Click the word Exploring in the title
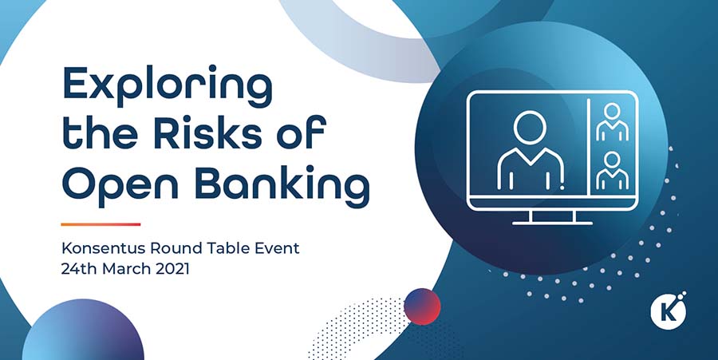click(168, 86)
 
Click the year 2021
click(172, 269)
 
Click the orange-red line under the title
click(101, 224)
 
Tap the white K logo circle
click(669, 311)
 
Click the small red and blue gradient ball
click(422, 307)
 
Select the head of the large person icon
click(531, 129)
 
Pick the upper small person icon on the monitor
click(612, 122)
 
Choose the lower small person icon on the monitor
click(612, 170)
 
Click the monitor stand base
click(552, 223)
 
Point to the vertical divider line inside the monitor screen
click(588, 147)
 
